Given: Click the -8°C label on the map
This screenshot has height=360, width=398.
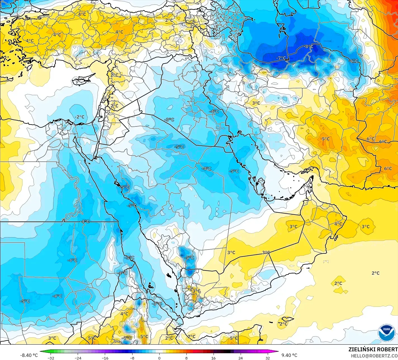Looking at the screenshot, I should pos(309,46).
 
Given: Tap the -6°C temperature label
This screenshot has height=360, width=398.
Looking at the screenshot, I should pos(354,61).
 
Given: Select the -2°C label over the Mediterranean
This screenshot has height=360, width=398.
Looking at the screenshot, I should pos(80,117).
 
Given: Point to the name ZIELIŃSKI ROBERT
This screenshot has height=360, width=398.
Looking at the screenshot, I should pos(373,349).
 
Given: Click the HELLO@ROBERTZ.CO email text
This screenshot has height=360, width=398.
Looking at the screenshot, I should pos(374,356).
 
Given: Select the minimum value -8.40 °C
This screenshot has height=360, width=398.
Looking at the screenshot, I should pos(29,355).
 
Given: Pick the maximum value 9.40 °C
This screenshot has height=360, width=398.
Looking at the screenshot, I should pos(289,355).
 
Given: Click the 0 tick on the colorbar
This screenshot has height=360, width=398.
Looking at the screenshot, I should pos(159,358).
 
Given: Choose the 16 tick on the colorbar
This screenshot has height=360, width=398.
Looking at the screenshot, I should pos(213,358).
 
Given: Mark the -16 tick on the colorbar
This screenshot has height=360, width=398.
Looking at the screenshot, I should pos(105,358).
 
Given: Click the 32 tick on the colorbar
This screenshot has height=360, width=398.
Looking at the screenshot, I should pos(267,358).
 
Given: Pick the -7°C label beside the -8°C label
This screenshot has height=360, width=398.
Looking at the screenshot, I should pos(281,58).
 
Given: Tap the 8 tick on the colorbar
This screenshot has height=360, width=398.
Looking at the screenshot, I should pos(186,358).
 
